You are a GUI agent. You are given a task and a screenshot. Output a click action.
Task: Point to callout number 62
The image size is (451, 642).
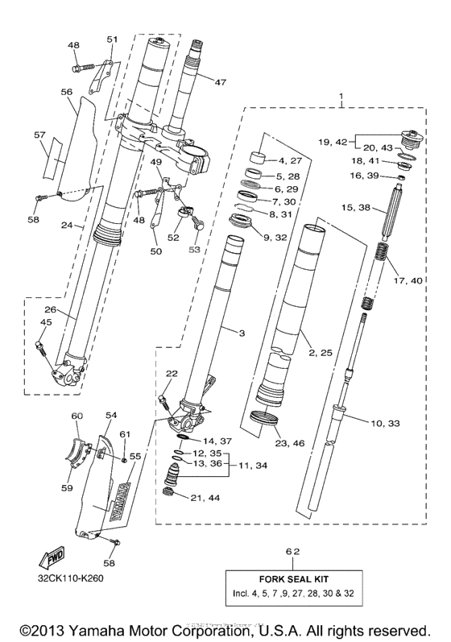tap(293, 551)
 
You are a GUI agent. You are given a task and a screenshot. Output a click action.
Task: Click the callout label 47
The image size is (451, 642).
tap(220, 81)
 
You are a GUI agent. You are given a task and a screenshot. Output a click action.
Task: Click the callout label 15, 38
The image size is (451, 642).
tap(356, 207)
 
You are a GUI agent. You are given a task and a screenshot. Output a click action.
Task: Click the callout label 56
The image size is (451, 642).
tap(67, 93)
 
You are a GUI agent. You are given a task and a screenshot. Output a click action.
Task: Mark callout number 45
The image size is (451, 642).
tap(46, 322)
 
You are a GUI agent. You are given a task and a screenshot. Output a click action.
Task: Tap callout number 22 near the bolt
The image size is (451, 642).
tap(172, 374)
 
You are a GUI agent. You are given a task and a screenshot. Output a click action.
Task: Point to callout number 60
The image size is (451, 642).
tap(77, 416)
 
